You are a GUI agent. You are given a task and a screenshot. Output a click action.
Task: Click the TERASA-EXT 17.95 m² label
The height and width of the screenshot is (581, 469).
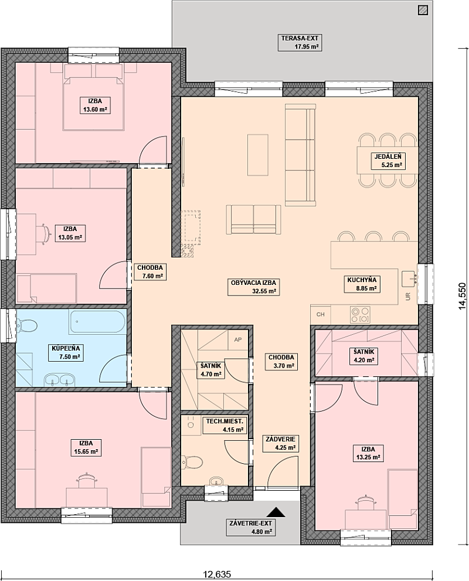tap(300, 42)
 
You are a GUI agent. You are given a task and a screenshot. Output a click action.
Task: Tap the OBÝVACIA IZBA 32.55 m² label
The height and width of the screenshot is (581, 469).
tap(253, 287)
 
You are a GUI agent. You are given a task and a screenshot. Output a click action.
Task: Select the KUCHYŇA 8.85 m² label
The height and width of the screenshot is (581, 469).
tap(362, 284)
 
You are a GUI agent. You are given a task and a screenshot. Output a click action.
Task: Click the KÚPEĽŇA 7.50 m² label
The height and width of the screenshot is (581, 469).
tap(66, 352)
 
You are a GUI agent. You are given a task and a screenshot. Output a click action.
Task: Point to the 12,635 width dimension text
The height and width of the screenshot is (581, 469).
tap(217, 575)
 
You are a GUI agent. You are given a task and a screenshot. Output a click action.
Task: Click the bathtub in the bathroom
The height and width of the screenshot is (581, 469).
tap(97, 322)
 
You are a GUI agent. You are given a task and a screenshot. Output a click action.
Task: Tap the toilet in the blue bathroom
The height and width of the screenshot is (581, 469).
tap(26, 326)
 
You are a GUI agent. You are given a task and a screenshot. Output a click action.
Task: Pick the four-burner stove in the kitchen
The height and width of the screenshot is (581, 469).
tap(360, 315)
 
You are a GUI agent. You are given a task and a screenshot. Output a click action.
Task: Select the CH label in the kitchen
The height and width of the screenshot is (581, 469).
tap(321, 315)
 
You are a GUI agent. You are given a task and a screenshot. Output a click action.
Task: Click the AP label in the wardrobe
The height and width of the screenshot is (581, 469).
tap(238, 339)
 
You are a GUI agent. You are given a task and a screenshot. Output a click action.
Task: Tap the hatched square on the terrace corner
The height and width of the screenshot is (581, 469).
tap(422, 10)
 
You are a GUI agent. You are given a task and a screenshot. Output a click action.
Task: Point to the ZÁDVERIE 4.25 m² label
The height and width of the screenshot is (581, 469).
tap(281, 444)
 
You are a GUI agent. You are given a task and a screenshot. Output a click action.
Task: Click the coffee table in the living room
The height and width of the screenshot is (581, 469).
tap(258, 155)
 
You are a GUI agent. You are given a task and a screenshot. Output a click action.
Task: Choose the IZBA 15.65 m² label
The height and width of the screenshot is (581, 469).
tap(86, 447)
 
